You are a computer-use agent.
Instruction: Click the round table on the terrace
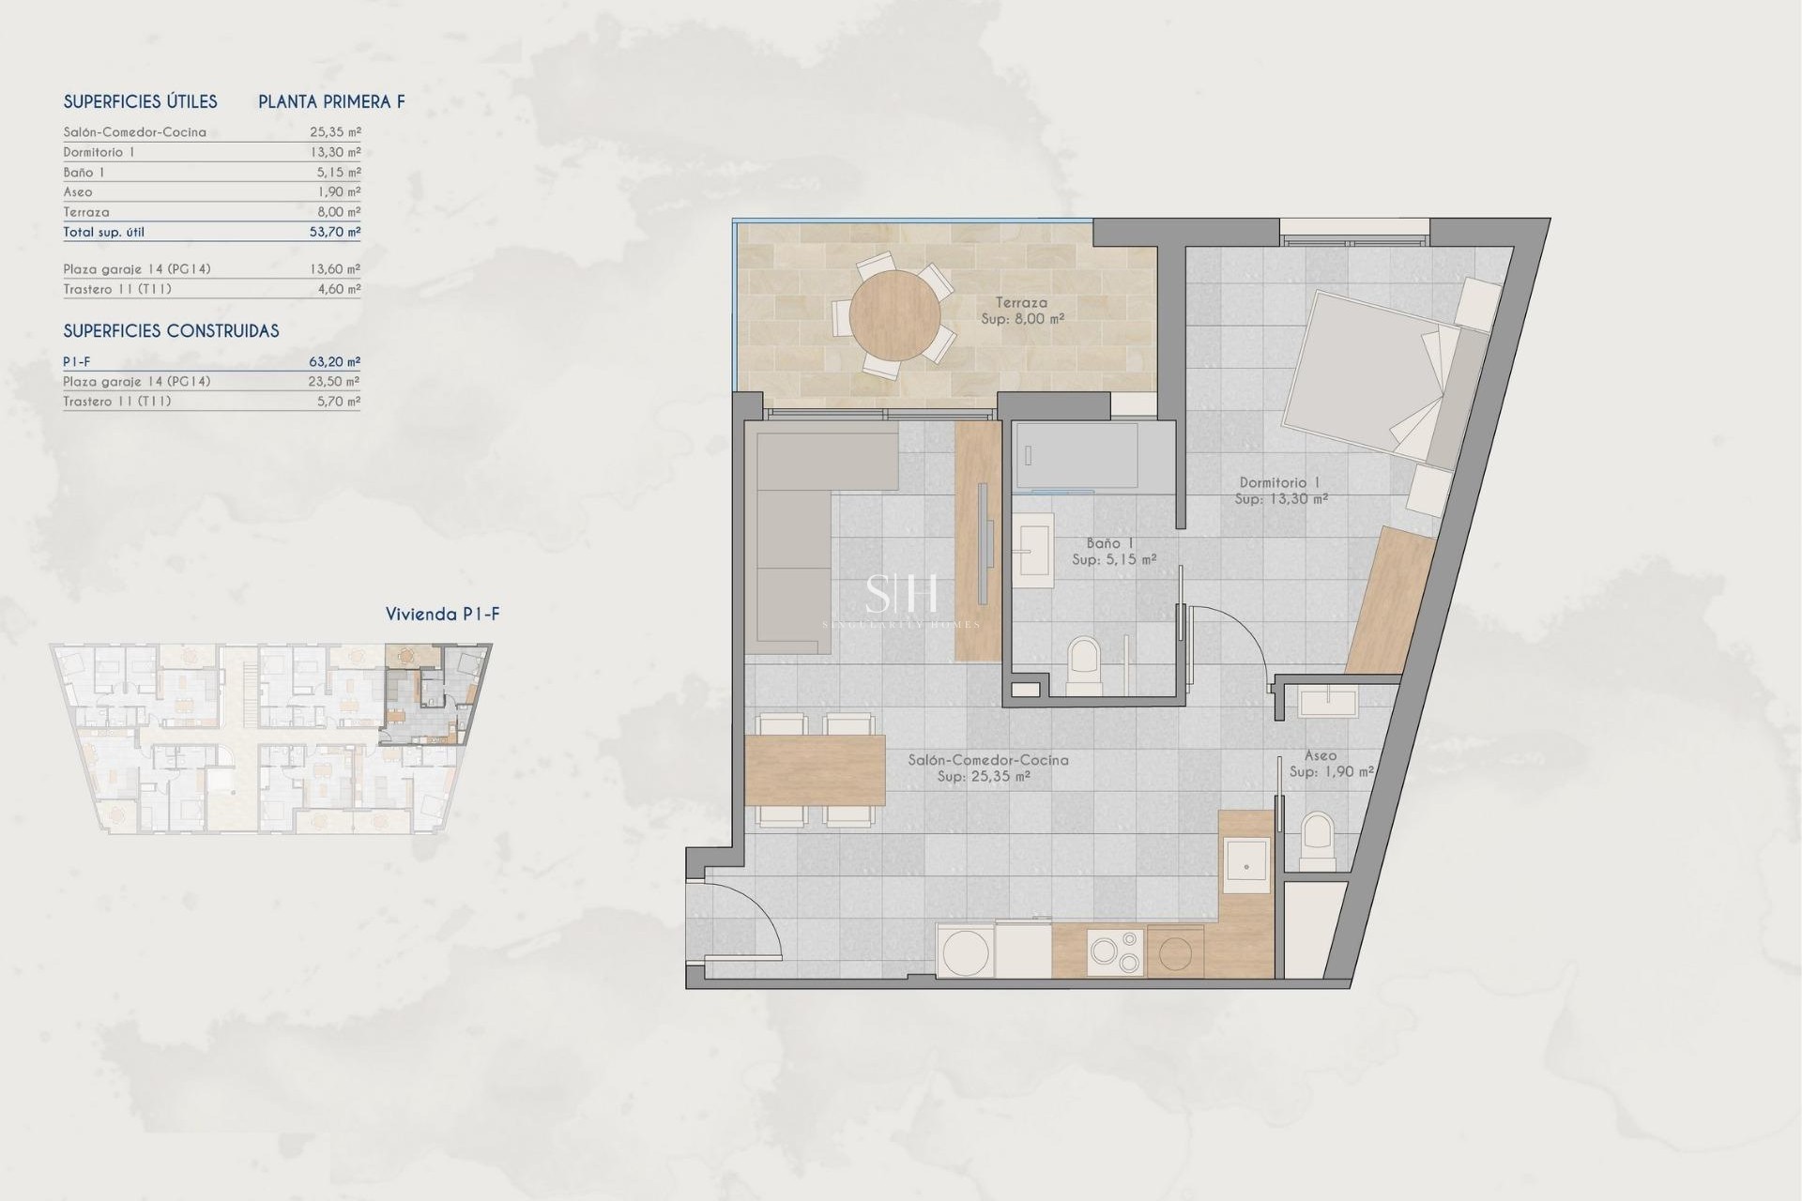point(894,315)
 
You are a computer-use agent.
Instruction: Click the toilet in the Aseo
point(1318,839)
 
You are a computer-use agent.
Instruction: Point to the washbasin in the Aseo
point(1328,701)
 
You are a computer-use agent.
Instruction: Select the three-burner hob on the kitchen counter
point(1115,951)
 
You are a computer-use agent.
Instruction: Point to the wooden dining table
point(815,770)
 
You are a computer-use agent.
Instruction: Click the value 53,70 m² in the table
point(335,232)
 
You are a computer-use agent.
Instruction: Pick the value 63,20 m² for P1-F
point(335,361)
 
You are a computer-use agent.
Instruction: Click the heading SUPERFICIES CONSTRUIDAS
point(171,331)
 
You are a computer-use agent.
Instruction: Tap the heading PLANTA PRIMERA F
point(331,102)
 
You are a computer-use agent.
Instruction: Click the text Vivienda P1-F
point(442,615)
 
